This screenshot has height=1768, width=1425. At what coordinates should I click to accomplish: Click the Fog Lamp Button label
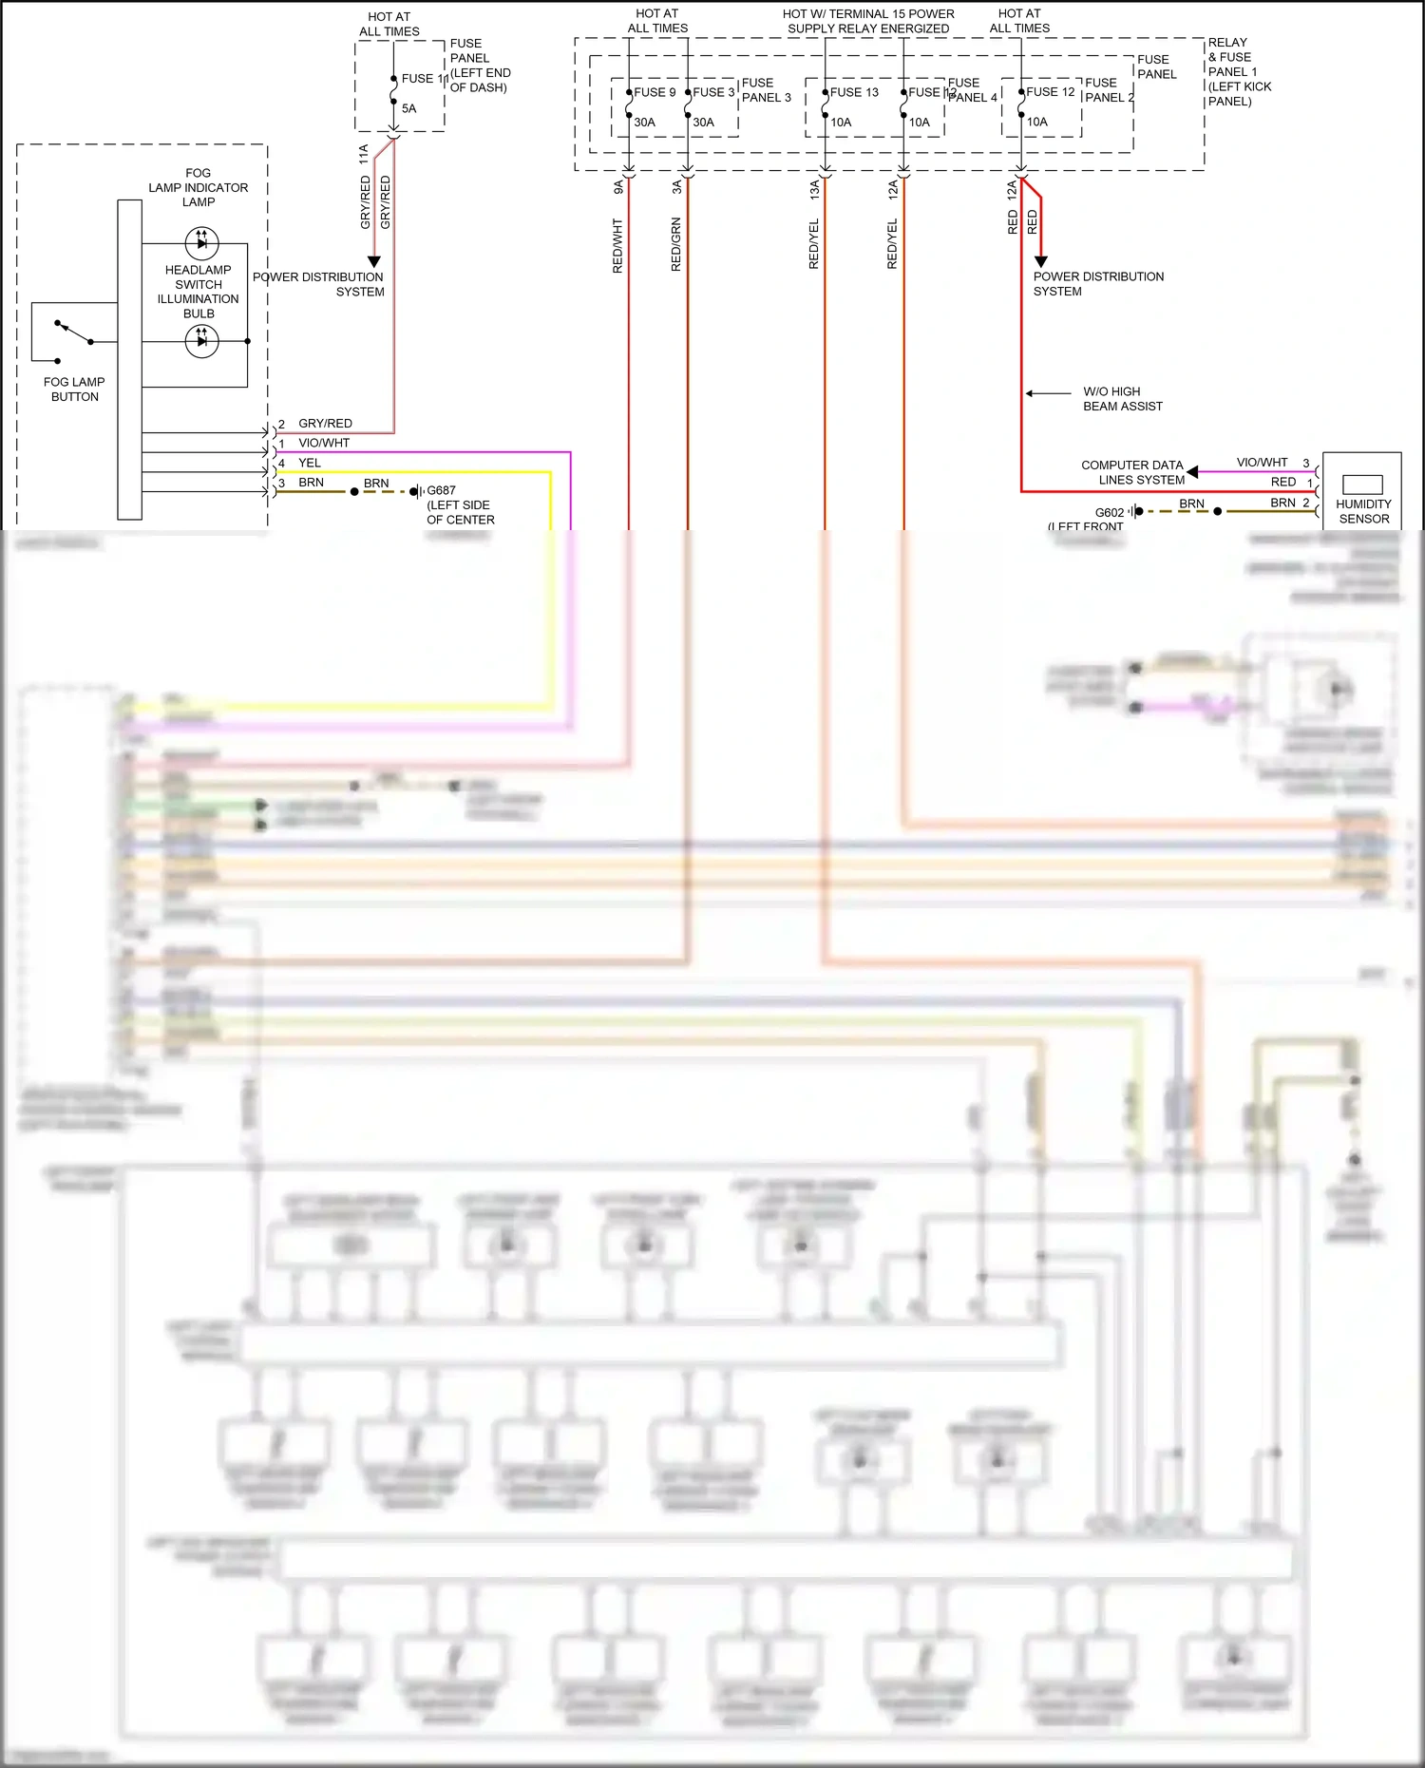(74, 390)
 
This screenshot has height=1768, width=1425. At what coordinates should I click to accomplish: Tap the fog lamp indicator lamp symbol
(201, 242)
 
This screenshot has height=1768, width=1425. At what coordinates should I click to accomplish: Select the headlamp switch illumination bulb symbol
(201, 340)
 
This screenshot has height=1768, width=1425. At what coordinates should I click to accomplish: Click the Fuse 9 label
(655, 92)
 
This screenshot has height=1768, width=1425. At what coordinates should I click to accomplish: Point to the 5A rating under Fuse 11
(408, 108)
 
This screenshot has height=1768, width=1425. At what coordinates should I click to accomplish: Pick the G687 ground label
(441, 491)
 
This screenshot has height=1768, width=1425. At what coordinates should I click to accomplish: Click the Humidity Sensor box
(1362, 491)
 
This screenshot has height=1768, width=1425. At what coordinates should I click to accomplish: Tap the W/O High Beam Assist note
(1122, 399)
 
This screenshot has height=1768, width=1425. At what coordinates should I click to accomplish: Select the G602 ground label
(1109, 512)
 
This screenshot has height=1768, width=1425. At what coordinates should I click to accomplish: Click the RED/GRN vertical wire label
(676, 244)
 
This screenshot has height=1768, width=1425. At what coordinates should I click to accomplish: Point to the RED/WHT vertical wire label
(617, 246)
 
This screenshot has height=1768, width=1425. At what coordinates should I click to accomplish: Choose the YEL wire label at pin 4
(310, 463)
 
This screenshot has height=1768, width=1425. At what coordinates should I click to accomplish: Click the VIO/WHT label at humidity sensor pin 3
(1262, 463)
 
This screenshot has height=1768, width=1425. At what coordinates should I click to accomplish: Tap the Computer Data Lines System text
(1132, 472)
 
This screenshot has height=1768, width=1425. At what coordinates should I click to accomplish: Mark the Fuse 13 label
(854, 92)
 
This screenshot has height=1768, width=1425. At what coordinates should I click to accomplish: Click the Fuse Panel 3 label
(766, 90)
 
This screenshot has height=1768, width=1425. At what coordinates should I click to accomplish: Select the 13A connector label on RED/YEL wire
(814, 189)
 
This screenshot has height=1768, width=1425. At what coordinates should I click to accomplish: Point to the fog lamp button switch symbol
(74, 333)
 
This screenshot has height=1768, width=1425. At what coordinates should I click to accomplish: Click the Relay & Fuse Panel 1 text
(1239, 71)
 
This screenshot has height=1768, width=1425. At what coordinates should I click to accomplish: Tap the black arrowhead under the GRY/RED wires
(374, 261)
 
